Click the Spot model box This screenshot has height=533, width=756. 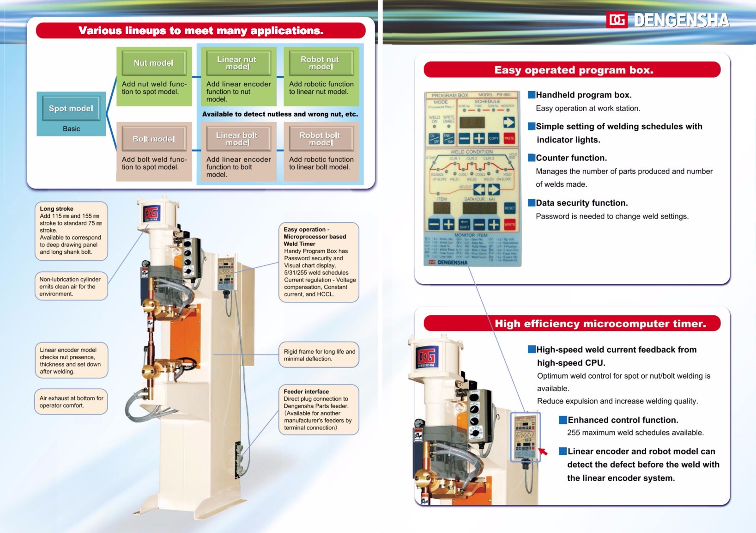(71, 108)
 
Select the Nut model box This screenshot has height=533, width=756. (154, 63)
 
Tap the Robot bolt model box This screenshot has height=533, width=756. (320, 139)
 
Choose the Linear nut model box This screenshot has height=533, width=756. (237, 63)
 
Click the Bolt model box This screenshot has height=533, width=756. (154, 139)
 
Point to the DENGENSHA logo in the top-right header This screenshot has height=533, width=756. (668, 20)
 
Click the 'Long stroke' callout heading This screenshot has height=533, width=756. (56, 208)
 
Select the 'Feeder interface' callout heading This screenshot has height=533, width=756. (306, 392)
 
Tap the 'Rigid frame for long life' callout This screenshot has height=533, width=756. (319, 355)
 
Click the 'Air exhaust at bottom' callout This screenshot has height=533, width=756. (71, 402)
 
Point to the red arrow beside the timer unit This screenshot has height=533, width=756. (543, 451)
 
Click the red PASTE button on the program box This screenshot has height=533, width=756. (509, 138)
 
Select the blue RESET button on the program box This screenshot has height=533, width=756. (509, 208)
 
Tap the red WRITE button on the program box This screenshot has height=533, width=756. (509, 224)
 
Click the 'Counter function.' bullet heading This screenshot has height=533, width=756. (571, 158)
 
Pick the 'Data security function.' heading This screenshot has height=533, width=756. (581, 202)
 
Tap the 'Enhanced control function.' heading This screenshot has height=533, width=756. (623, 420)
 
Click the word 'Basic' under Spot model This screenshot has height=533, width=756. (71, 129)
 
